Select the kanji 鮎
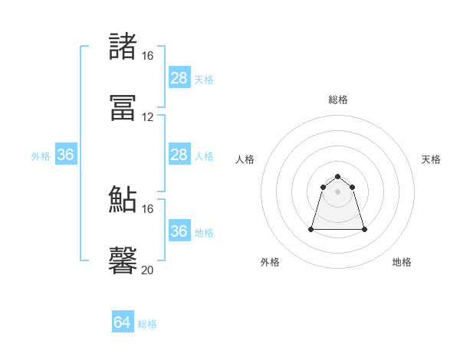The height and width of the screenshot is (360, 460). pyautogui.click(x=123, y=199)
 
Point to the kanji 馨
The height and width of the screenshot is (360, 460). pyautogui.click(x=123, y=260)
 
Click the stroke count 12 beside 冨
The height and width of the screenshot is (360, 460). pyautogui.click(x=147, y=117)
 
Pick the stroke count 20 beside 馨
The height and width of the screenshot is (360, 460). pyautogui.click(x=147, y=270)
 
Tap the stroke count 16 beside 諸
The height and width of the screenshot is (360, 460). pyautogui.click(x=147, y=56)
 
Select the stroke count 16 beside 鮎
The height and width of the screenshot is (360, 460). pyautogui.click(x=147, y=208)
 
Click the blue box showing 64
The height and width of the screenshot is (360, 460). pyautogui.click(x=123, y=322)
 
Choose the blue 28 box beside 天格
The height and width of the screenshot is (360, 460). pyautogui.click(x=179, y=78)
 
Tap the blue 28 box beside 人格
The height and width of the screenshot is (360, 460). pyautogui.click(x=179, y=155)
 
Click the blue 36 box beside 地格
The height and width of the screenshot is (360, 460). pyautogui.click(x=179, y=231)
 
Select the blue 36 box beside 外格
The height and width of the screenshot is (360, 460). pyautogui.click(x=66, y=155)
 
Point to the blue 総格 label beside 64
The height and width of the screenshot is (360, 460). pyautogui.click(x=147, y=324)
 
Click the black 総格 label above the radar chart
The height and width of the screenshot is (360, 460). pyautogui.click(x=338, y=100)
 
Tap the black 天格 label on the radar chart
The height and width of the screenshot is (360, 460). pyautogui.click(x=431, y=159)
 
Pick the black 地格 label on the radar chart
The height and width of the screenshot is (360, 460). pyautogui.click(x=402, y=262)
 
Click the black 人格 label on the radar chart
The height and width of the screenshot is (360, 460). pyautogui.click(x=245, y=159)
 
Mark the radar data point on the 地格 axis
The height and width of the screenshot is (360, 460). pyautogui.click(x=364, y=229)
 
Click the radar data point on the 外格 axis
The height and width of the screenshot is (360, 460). pyautogui.click(x=311, y=228)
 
